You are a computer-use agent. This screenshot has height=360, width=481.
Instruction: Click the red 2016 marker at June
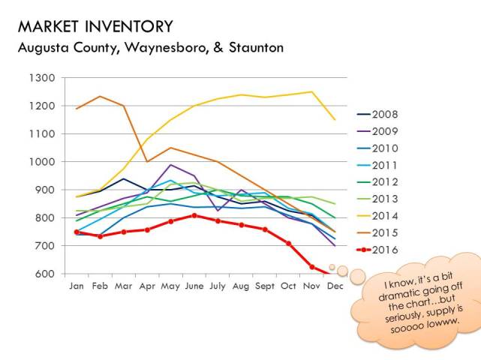click(194, 215)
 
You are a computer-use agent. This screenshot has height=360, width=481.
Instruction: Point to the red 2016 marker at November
click(311, 267)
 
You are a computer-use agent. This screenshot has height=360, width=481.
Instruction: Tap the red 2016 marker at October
click(288, 244)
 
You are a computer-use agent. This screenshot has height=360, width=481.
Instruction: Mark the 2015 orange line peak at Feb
click(101, 97)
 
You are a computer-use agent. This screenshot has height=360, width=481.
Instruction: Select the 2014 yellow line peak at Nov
click(311, 92)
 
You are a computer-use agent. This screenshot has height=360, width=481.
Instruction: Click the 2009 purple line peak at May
click(171, 165)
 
